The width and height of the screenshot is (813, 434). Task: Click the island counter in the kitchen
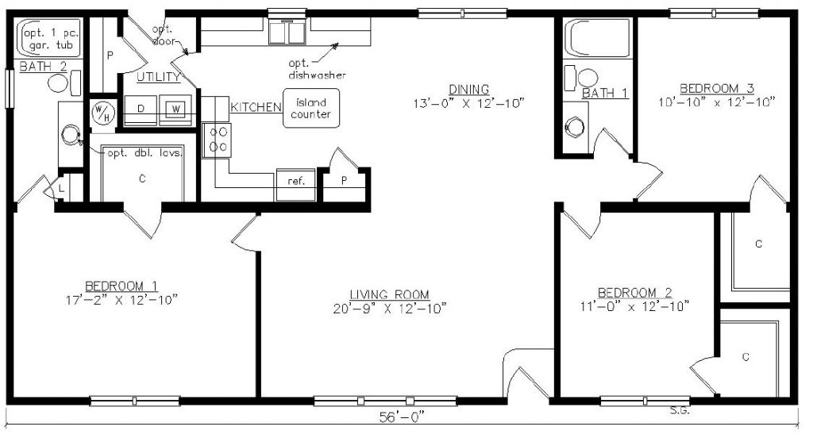[x=311, y=108]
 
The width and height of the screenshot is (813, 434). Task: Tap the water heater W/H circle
[x=100, y=113]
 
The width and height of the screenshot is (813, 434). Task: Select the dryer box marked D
[x=141, y=109]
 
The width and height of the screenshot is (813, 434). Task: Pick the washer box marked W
[x=175, y=109]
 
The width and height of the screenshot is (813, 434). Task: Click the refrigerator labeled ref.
[x=295, y=184]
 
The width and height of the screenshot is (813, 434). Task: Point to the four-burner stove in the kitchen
[x=217, y=140]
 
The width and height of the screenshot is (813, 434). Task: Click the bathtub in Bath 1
[x=598, y=38]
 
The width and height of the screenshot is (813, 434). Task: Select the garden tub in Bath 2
[x=51, y=37]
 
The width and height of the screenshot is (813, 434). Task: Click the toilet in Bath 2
[x=65, y=83]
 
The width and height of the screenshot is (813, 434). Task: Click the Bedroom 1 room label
[x=121, y=286]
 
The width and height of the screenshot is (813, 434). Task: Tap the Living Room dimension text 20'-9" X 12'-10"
[x=390, y=309]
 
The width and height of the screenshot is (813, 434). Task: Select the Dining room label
[x=468, y=90]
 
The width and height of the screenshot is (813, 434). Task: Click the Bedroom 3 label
[x=717, y=88]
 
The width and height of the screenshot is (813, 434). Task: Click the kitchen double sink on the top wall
[x=287, y=32]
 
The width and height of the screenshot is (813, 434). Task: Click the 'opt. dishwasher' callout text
[x=317, y=69]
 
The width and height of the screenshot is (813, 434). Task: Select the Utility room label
[x=159, y=77]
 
